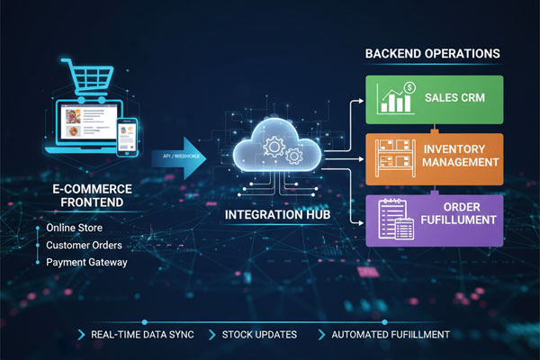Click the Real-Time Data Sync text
pos(144,335)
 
